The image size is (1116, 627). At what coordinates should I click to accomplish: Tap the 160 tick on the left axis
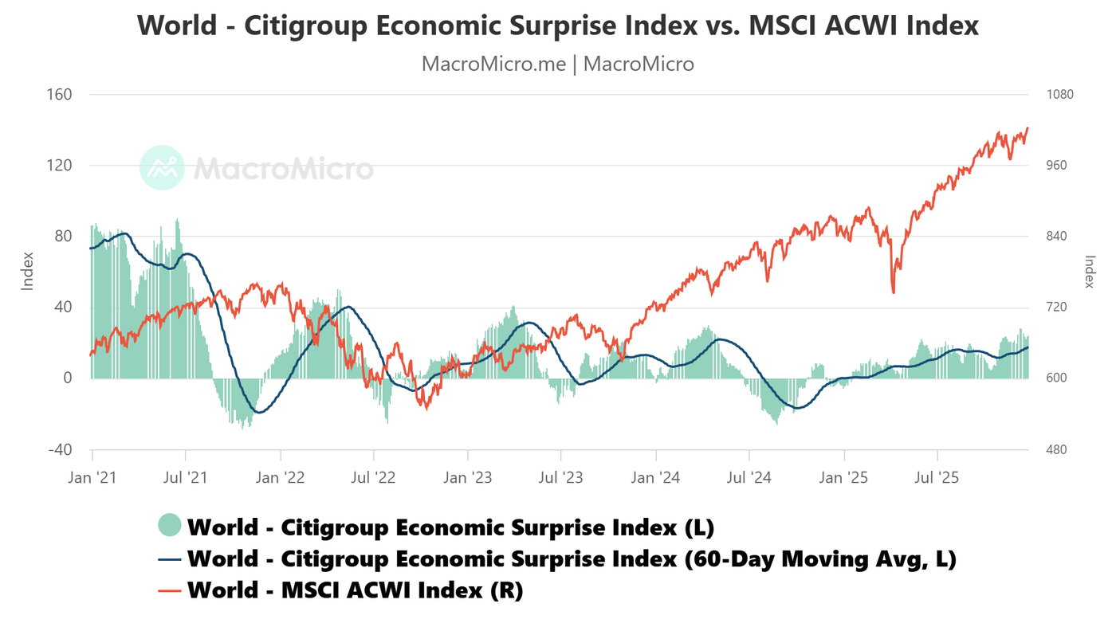click(61, 95)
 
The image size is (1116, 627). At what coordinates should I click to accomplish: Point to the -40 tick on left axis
click(60, 449)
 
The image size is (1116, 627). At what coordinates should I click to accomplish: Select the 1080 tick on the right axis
click(1059, 95)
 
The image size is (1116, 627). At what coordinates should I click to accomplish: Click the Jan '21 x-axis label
click(92, 478)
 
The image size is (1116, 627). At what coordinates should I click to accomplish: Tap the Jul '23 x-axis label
click(561, 478)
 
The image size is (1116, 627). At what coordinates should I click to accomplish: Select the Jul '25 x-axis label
click(937, 478)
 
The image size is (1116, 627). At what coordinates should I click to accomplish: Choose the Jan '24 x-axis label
click(656, 478)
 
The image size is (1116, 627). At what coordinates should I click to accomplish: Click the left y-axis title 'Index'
click(28, 271)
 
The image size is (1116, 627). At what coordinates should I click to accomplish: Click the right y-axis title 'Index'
click(1090, 271)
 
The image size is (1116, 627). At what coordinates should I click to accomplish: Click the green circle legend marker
click(170, 526)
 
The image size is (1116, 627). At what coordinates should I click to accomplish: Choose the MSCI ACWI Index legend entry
click(355, 590)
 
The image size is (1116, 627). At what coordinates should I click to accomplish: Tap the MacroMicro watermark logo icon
click(162, 168)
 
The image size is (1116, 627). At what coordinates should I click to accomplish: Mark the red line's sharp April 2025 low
click(893, 292)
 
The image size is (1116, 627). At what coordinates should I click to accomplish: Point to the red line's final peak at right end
click(1028, 127)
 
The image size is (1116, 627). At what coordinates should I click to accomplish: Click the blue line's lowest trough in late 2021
click(259, 412)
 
